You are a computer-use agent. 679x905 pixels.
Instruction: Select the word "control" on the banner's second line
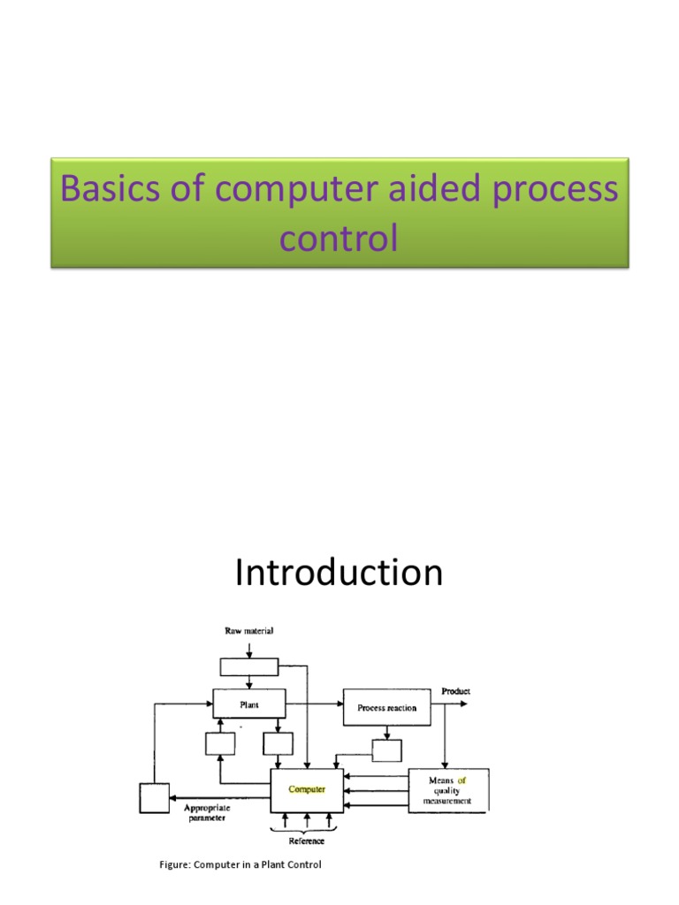coord(339,238)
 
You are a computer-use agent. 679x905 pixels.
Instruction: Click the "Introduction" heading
coord(339,574)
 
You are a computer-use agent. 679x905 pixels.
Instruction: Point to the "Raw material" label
coord(250,631)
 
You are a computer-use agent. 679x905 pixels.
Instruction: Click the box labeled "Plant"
coord(250,704)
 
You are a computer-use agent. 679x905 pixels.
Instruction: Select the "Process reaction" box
coord(387,707)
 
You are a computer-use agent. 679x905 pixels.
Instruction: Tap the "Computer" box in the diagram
coord(307,789)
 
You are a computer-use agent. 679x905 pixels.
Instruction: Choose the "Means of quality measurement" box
coord(448,790)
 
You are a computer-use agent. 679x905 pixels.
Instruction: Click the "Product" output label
coord(455,691)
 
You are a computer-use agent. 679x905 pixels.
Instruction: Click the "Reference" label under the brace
coord(306,841)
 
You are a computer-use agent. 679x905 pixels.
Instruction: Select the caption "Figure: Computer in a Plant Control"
coord(240,864)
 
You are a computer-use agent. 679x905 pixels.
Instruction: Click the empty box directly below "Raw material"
coord(250,666)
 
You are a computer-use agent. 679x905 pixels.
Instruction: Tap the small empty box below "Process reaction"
coord(386,750)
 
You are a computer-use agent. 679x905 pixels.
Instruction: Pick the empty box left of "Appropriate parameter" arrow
coord(154,798)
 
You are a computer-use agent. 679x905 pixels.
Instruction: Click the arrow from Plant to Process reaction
coord(314,704)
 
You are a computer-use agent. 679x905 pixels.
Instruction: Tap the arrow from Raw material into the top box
coord(250,648)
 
